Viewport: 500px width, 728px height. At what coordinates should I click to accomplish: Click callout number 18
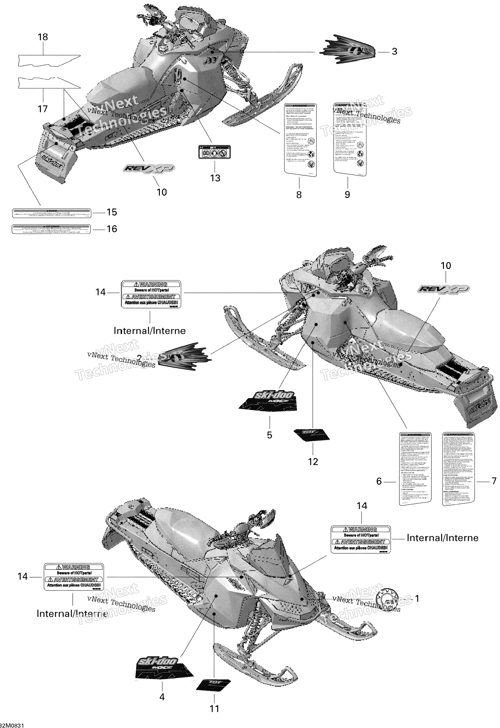click(x=43, y=37)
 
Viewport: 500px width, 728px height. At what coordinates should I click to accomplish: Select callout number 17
click(x=43, y=109)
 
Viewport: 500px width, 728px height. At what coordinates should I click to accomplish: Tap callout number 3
click(x=394, y=52)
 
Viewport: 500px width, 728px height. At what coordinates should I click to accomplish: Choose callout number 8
click(x=299, y=195)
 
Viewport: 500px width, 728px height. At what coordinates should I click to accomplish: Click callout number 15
click(x=112, y=212)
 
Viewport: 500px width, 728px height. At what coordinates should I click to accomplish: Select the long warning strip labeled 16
click(x=51, y=229)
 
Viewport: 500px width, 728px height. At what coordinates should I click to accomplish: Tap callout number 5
click(x=269, y=435)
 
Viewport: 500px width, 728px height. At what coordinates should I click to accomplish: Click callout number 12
click(x=313, y=462)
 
